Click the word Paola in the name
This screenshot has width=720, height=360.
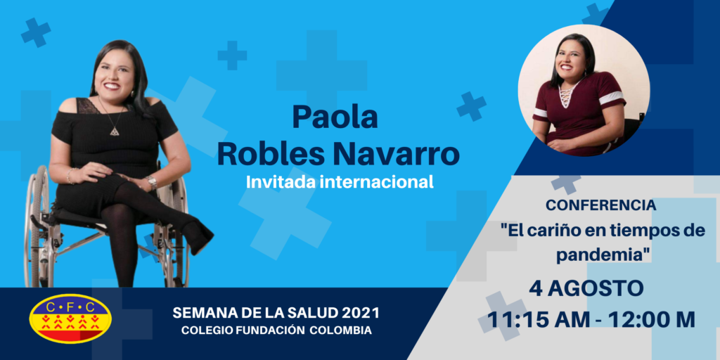(335, 117)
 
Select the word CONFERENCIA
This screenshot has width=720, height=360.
(600, 206)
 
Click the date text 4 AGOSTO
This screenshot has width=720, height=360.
(586, 289)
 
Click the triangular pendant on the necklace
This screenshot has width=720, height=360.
(114, 131)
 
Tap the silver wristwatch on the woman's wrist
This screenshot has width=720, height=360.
(152, 183)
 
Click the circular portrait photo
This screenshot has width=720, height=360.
(584, 91)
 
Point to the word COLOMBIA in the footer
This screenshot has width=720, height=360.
(341, 330)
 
